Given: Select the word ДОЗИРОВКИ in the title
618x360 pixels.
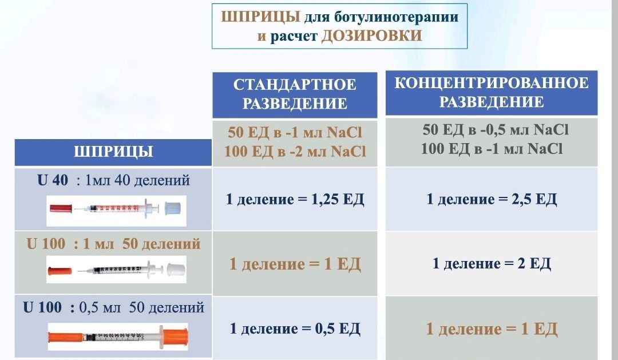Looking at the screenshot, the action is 372,36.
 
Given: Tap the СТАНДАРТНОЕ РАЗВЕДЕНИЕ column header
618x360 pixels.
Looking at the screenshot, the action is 295,94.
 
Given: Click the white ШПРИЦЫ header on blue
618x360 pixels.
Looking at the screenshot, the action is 113,152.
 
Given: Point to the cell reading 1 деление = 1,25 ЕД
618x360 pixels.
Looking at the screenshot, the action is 295,199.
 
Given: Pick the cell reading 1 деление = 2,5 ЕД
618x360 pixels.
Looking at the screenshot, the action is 492,199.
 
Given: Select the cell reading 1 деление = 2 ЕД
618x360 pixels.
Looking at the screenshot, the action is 492,263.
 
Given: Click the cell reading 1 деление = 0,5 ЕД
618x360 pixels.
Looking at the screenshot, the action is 295,329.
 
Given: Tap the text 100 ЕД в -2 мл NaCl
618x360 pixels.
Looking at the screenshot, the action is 295,152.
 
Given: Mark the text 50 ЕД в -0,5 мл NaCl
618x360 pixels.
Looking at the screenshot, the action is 496,130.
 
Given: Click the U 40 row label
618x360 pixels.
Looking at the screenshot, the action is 113,180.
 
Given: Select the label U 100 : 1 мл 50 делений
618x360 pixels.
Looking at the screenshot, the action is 113,244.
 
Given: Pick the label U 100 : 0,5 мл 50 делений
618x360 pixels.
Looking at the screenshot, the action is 113,307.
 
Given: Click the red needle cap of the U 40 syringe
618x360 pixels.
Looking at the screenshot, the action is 61,208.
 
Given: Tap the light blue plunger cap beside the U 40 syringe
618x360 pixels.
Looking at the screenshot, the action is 172,209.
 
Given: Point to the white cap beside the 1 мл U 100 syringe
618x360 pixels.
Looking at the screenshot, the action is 176,270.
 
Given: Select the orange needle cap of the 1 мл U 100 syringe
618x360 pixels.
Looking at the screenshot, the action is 60,271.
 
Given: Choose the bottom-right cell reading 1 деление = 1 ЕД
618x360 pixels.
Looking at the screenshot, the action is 492,329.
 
